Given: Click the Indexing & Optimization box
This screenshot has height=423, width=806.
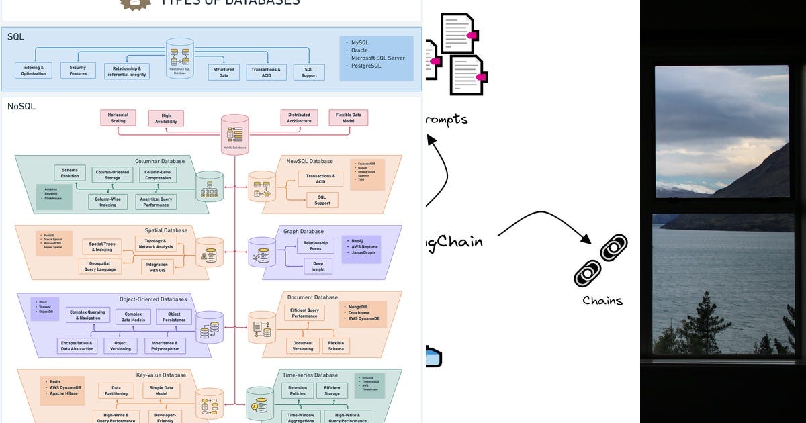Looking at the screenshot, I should coord(33,70).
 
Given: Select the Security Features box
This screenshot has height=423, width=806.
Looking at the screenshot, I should coord(78,70).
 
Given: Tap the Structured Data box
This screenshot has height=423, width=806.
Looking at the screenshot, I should coord(224,73).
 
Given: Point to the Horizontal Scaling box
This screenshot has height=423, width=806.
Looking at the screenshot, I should coord(118,117).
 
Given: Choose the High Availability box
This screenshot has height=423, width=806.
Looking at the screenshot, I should coord(166,118).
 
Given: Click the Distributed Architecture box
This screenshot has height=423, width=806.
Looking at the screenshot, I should coord(299,117).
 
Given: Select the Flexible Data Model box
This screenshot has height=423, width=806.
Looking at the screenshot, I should coord(348,117).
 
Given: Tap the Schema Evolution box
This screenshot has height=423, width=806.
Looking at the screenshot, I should coord(70,173).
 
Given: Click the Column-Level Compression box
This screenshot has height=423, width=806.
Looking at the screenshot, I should coord(159,175).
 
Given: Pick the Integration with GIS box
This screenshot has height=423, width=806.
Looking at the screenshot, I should coord(157,267).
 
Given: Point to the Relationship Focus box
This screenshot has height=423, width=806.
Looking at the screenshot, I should coord(315,246).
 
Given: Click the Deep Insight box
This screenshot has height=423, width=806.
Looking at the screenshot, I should coord(318,267).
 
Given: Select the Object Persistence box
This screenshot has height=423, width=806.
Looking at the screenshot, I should coord(174,317).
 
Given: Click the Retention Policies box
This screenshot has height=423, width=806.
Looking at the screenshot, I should coord(298,391).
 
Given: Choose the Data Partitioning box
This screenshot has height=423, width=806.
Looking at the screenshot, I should coord(116,391).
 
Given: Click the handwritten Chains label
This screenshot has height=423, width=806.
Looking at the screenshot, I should coord(602,300).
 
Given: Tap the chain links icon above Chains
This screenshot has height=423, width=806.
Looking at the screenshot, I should coord(600,260).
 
